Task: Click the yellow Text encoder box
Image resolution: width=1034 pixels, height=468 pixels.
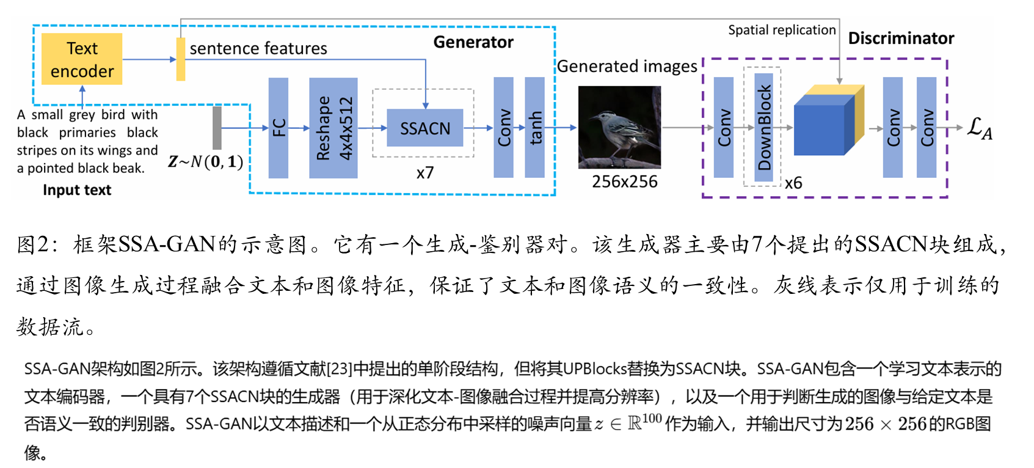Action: (82, 59)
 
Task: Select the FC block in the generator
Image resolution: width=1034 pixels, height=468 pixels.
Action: (279, 128)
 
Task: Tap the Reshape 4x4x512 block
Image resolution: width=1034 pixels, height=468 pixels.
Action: (333, 128)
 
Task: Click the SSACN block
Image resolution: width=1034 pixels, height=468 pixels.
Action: (425, 128)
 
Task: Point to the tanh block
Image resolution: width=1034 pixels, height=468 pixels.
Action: (535, 128)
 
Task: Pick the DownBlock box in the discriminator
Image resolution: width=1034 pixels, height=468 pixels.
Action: (764, 127)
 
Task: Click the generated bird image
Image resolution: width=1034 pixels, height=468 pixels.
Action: (619, 127)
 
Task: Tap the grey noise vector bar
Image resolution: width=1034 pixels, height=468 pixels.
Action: (217, 128)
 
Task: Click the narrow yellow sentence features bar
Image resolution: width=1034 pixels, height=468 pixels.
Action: (181, 59)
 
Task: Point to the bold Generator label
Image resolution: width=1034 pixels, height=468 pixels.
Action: (473, 42)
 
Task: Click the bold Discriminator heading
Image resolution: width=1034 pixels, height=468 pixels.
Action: (901, 38)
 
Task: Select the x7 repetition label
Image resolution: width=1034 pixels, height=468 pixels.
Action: (425, 173)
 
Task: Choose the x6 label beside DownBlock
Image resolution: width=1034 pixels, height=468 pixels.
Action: (793, 183)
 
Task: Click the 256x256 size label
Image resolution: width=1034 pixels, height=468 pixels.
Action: (624, 181)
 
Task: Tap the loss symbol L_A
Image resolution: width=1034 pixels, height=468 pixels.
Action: (980, 128)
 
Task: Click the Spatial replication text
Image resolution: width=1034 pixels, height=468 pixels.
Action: (782, 30)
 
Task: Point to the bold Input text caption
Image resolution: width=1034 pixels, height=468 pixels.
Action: (77, 190)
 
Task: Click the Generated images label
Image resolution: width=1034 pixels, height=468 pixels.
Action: (627, 66)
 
